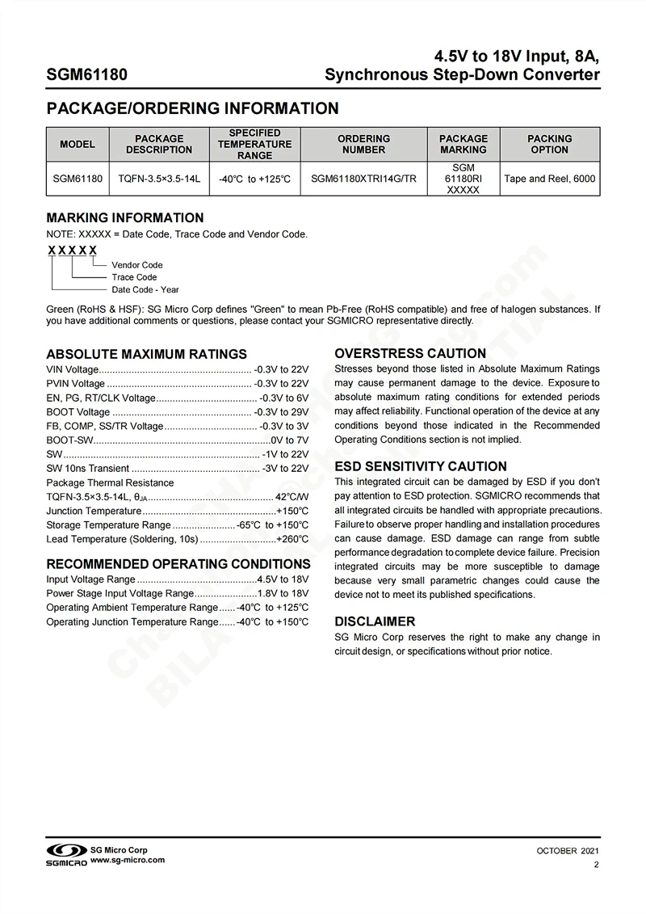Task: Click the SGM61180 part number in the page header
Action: coord(86,75)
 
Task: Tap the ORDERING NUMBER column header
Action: coord(363,144)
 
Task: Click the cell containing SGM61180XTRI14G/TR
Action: coord(363,179)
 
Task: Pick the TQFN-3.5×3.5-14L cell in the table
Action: coord(159,179)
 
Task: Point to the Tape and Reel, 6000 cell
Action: coord(549,179)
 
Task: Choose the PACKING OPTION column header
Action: coord(549,144)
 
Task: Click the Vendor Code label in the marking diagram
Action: coord(137,265)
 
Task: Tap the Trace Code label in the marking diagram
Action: coord(134,277)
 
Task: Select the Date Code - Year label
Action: coord(145,289)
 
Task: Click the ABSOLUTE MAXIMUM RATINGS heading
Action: coord(146,354)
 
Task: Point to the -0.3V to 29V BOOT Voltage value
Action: coord(281,412)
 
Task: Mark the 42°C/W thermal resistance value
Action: coord(292,497)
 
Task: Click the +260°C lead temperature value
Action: coord(292,539)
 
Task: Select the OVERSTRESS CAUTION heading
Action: coord(410,353)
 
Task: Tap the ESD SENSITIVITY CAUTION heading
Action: coord(421,466)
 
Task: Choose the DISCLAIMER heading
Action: coord(375,621)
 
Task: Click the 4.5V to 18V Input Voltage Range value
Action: coord(283,579)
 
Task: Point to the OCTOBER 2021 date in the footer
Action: coord(568,851)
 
